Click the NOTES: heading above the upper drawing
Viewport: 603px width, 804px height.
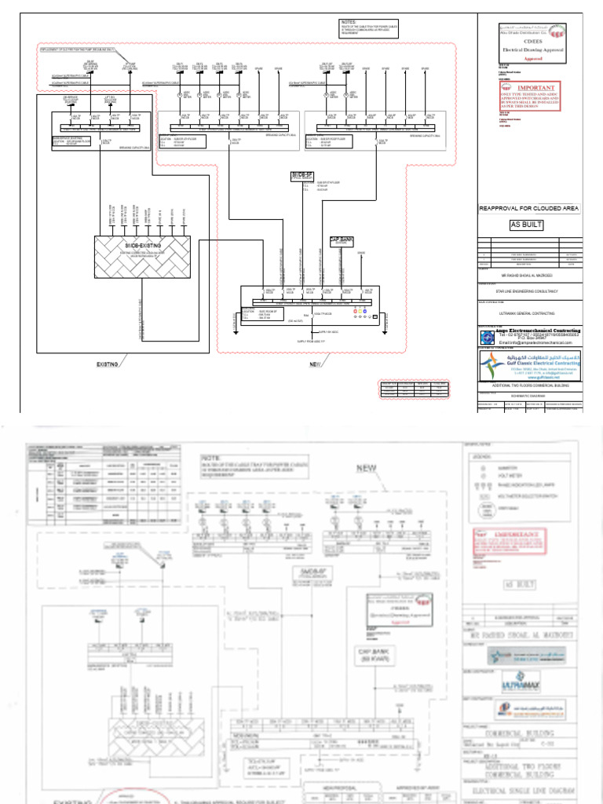(x=349, y=22)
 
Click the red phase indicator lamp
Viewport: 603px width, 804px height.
(x=355, y=311)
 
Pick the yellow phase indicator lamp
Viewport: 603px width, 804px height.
(x=360, y=311)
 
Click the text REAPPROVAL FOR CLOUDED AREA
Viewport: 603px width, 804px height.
(x=529, y=208)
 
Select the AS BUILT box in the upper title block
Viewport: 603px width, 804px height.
(x=527, y=225)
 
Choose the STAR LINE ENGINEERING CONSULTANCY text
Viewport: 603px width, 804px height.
(x=531, y=291)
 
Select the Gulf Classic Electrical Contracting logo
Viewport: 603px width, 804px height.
(x=530, y=364)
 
